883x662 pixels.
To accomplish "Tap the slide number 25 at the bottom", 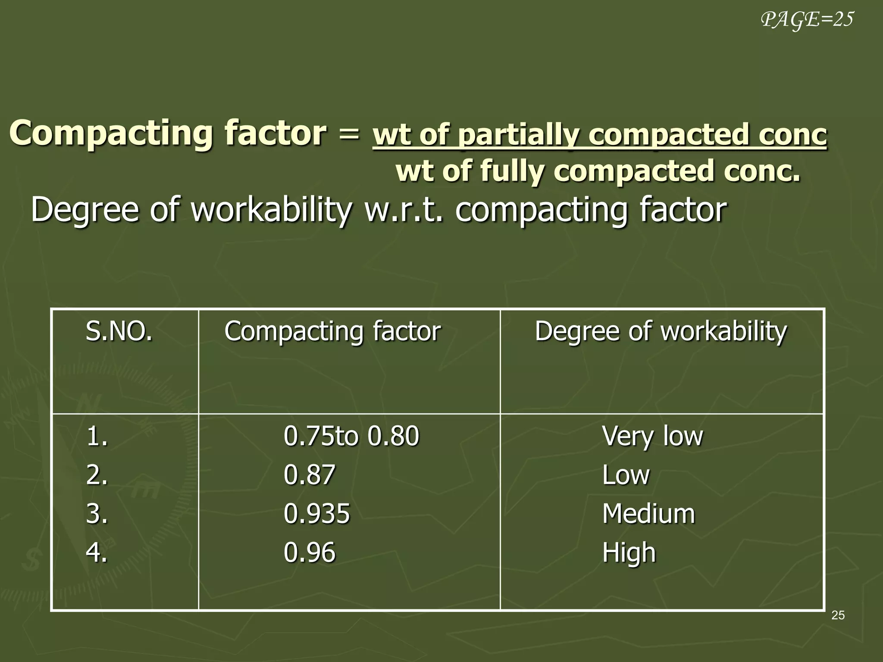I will tap(838, 615).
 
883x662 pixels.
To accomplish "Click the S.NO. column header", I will tap(119, 331).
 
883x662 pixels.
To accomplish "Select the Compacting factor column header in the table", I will tap(332, 331).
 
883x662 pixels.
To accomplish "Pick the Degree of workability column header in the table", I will tap(661, 331).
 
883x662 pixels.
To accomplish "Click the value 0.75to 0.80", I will tap(351, 436).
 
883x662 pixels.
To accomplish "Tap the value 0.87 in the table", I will tap(309, 475).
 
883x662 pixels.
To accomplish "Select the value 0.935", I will tap(316, 514).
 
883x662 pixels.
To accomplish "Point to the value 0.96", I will tap(309, 553).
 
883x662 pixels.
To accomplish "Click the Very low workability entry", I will tap(652, 436).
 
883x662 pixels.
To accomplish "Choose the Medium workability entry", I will tap(648, 514).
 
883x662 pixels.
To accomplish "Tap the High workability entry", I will tap(629, 553).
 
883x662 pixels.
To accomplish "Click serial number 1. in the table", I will tap(97, 436).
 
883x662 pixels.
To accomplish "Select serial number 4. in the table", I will tap(97, 553).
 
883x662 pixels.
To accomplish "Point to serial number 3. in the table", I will tap(97, 514).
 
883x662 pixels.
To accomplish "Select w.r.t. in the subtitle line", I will tap(404, 210).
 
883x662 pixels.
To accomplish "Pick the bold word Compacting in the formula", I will tap(110, 133).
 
